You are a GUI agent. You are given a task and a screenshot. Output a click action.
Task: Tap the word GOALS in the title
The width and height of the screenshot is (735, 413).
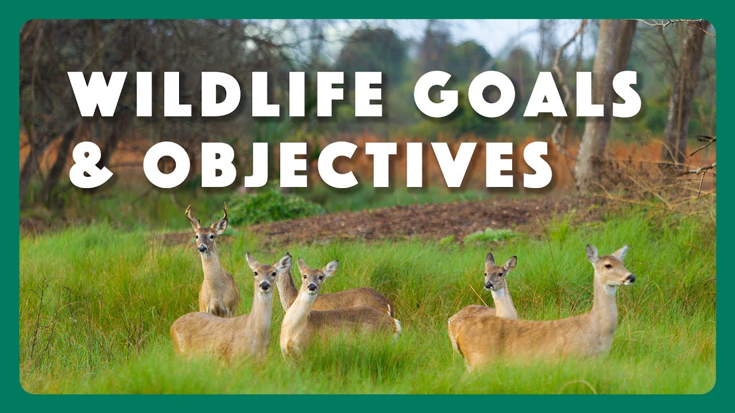pos(527,95)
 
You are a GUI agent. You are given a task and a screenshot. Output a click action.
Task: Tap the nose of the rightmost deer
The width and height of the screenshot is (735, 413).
pos(631,278)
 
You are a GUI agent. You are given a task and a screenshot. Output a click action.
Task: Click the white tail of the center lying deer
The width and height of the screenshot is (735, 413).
pos(396,327)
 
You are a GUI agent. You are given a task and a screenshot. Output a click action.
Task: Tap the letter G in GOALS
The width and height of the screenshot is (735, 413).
pos(436,95)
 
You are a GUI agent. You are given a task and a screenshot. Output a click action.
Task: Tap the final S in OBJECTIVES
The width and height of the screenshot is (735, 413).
pos(537,165)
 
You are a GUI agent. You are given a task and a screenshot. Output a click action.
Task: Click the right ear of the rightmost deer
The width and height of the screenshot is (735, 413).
pos(621,252)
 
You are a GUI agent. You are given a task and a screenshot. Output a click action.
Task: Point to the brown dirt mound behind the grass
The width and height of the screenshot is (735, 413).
pos(402,221)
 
